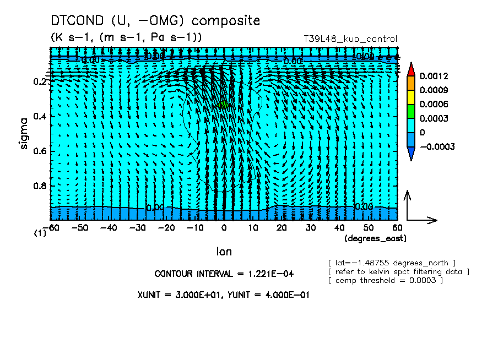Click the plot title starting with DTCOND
pyautogui.click(x=155, y=21)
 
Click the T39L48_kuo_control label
pyautogui.click(x=350, y=39)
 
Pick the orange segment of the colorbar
pyautogui.click(x=411, y=83)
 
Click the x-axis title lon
pyautogui.click(x=224, y=252)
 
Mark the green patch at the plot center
pyautogui.click(x=223, y=105)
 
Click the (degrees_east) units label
pyautogui.click(x=375, y=238)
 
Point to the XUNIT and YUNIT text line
pyautogui.click(x=223, y=294)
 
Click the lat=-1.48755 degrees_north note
pyautogui.click(x=392, y=263)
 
